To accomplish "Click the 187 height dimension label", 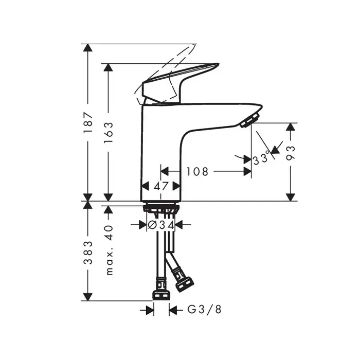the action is coord(88,122).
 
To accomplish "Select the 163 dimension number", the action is coord(109,132).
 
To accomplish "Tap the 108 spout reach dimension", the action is coord(197,171).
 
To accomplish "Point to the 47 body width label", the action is coord(161,186).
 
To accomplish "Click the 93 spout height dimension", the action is coord(291,153).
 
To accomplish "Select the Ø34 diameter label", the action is coord(160,225).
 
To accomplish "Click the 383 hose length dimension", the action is coord(88,253).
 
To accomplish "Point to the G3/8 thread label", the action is coord(204,310).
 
